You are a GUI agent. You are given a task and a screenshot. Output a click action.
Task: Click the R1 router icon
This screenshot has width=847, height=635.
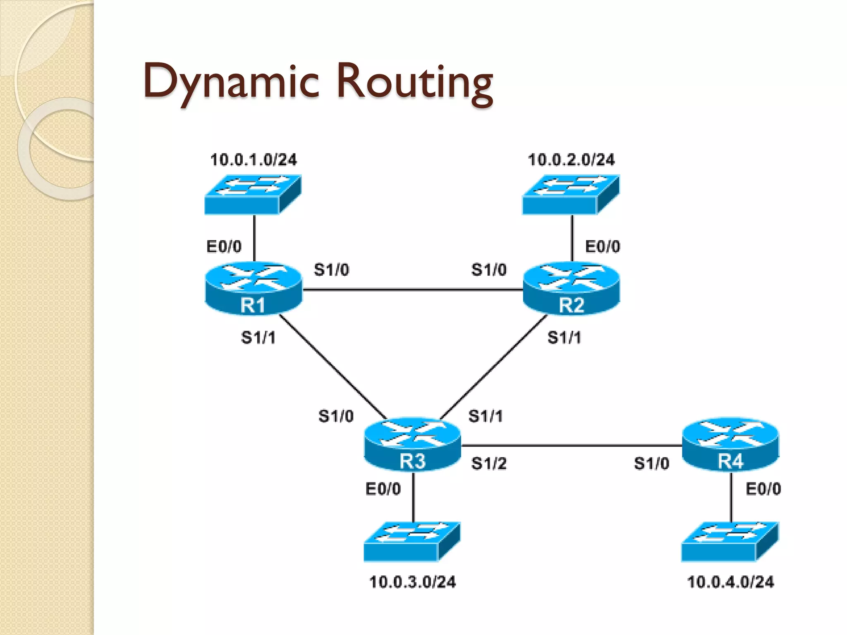coord(253,288)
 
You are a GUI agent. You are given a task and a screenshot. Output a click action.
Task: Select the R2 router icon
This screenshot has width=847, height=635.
coord(571,288)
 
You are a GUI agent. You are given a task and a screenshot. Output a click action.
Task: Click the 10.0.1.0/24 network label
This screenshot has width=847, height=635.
coord(254,160)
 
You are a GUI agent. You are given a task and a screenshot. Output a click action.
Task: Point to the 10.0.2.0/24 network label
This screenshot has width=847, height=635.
coord(571,160)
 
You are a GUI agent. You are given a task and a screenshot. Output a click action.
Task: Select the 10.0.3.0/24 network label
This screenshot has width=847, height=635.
coord(412,582)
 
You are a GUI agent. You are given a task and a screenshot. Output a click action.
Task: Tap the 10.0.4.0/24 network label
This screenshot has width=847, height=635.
coord(730,582)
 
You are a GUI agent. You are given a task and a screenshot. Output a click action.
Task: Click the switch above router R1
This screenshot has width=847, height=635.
coord(253,194)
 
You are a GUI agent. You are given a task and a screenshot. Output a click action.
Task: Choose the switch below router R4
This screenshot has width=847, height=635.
coord(730,542)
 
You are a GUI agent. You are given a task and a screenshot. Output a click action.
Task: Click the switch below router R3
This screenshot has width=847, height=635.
coord(412,542)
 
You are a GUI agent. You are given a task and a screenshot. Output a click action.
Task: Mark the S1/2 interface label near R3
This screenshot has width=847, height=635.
coord(489,463)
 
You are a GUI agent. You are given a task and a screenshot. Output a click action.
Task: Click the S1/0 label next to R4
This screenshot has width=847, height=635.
coord(651,463)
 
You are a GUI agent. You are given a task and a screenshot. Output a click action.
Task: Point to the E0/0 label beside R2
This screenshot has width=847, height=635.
coord(602,247)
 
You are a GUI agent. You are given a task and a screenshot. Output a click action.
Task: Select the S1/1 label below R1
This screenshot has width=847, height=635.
coord(258,338)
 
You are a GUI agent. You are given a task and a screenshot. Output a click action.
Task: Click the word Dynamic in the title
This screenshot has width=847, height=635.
coord(231,81)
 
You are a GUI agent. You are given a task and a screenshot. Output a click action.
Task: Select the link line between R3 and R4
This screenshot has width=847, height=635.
coord(571,446)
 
